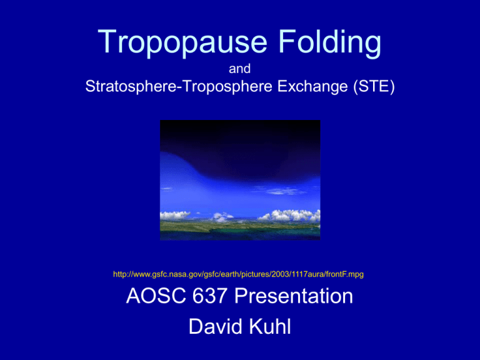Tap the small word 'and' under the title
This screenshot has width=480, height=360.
pyautogui.click(x=240, y=71)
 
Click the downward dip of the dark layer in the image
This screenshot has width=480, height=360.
pyautogui.click(x=206, y=166)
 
